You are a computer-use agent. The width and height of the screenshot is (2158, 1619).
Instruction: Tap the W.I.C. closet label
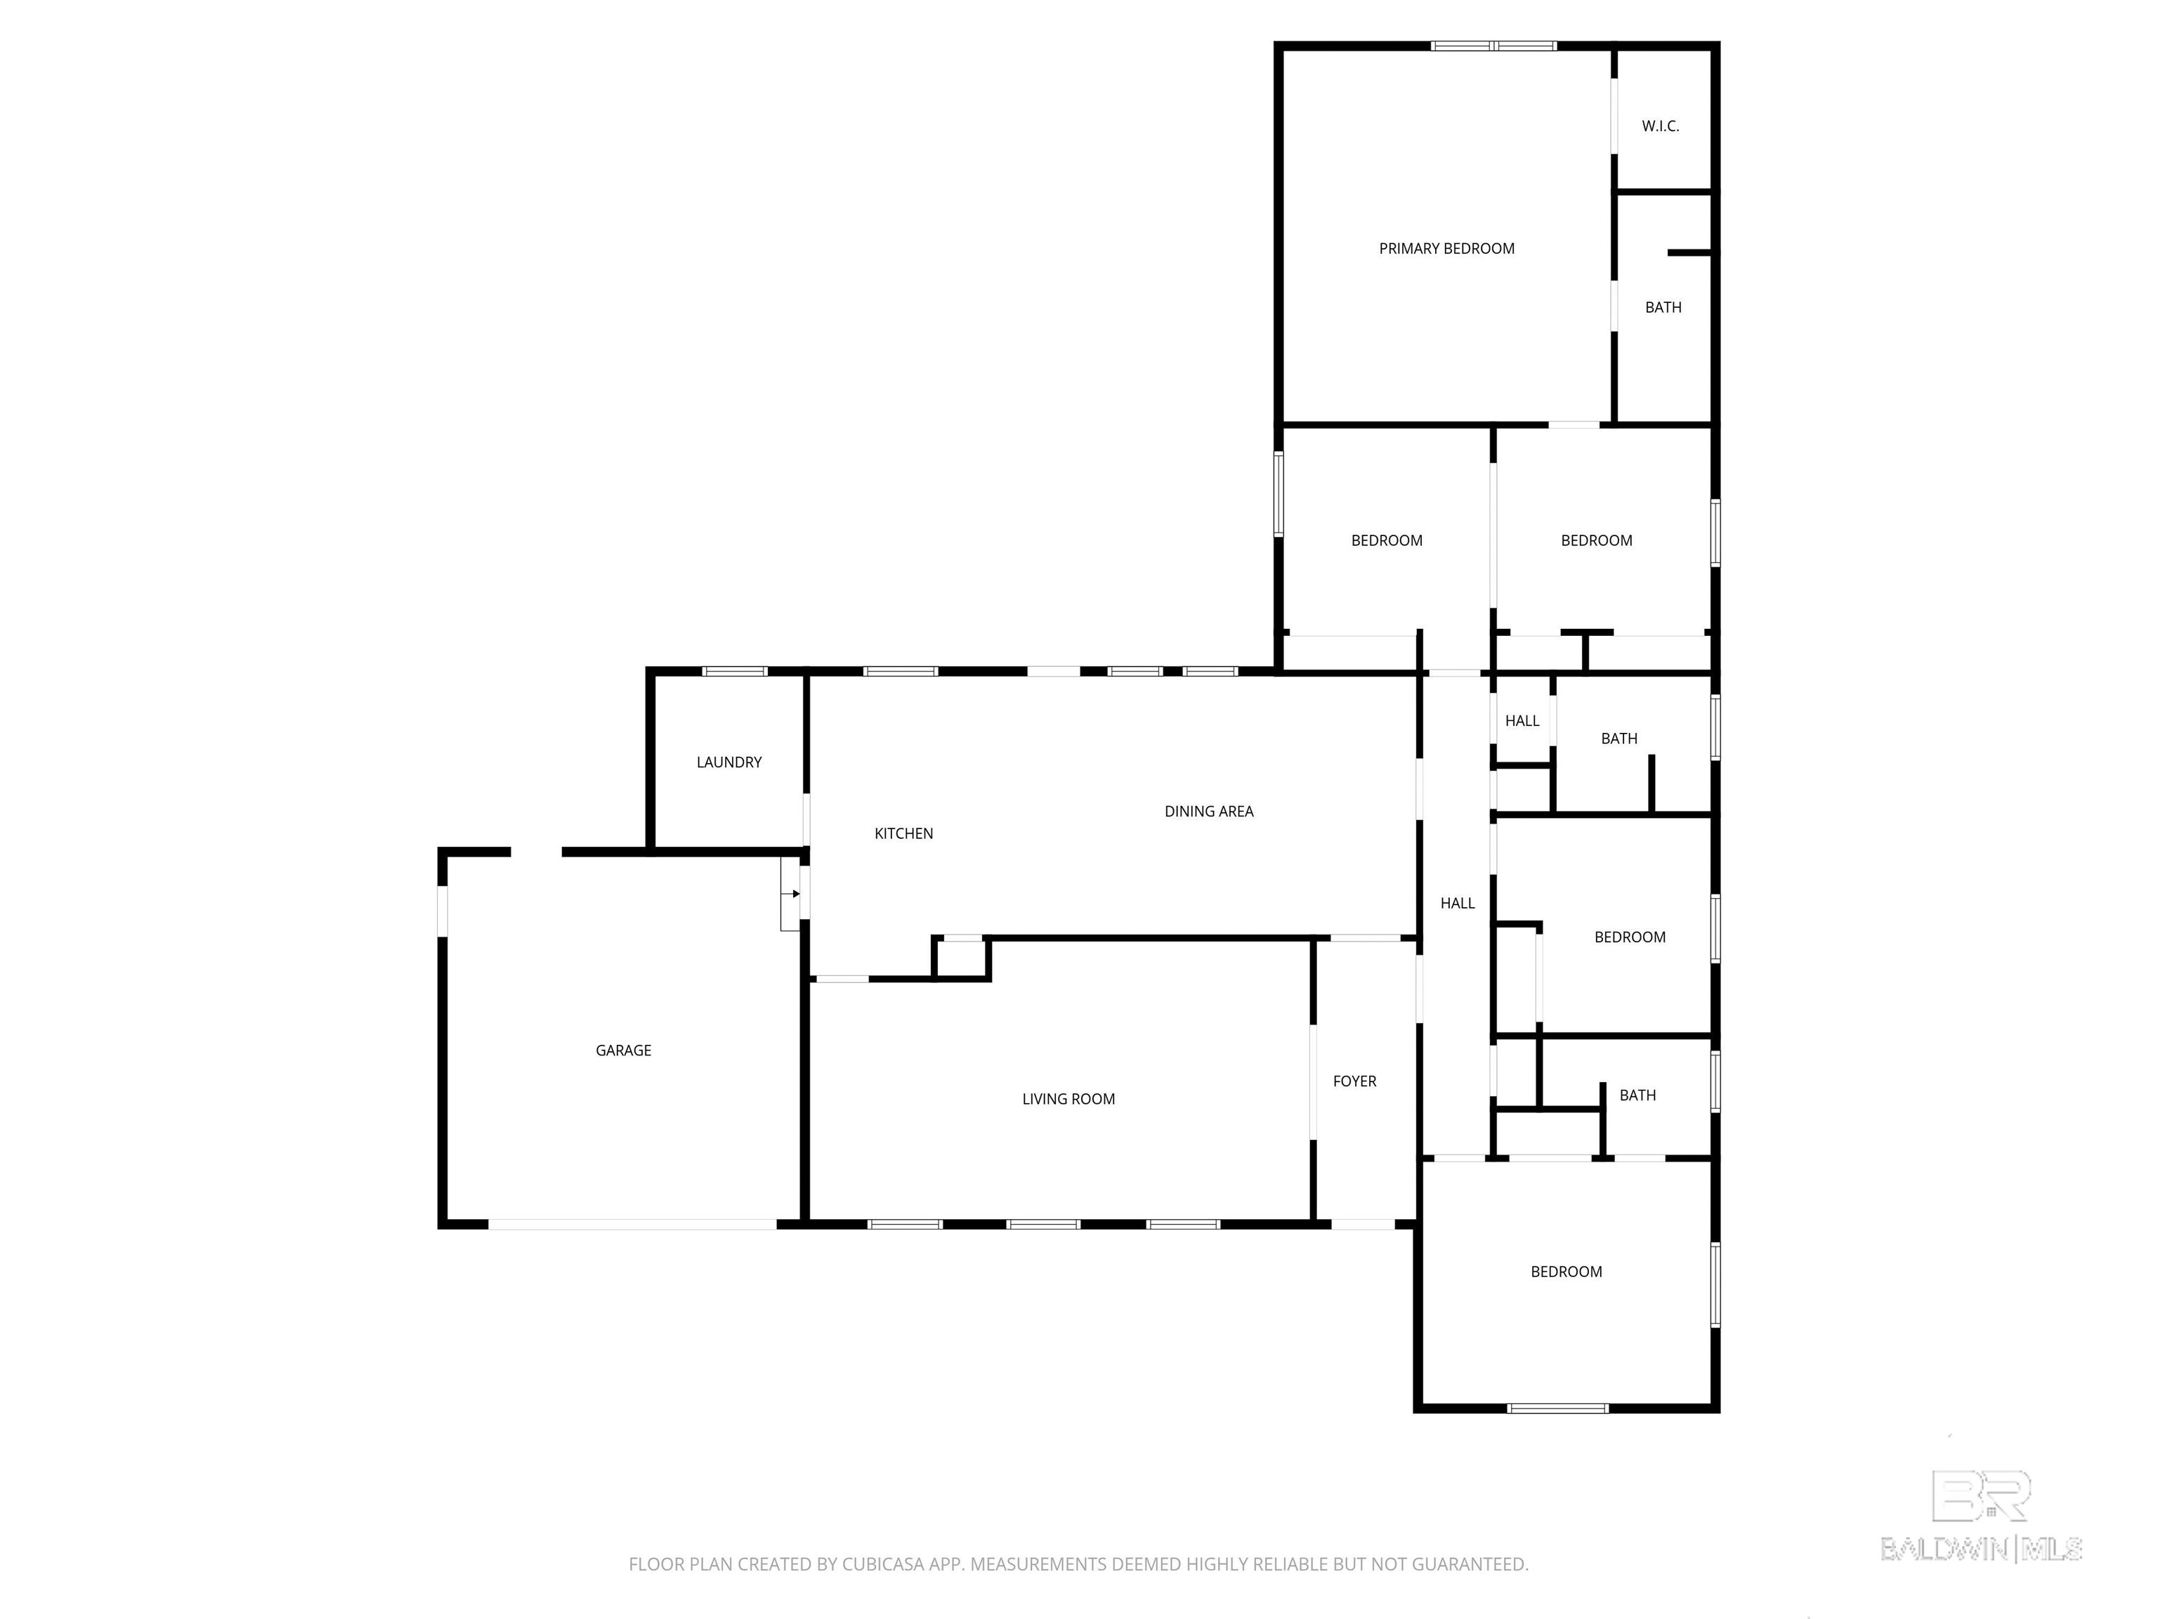[x=1661, y=126]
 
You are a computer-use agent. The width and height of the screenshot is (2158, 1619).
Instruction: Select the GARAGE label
[x=623, y=1050]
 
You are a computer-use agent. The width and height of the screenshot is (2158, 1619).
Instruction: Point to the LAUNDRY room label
[x=728, y=762]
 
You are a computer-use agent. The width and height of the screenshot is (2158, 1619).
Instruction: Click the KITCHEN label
[x=903, y=833]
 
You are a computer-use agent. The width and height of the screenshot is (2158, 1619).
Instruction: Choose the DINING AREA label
[x=1209, y=811]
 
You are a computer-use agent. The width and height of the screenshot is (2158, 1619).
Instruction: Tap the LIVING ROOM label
[x=1068, y=1099]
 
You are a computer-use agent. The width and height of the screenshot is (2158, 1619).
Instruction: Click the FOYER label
[x=1354, y=1081]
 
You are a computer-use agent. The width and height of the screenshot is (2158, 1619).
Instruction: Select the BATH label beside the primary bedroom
[x=1663, y=307]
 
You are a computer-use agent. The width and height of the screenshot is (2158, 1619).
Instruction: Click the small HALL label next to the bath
[x=1522, y=721]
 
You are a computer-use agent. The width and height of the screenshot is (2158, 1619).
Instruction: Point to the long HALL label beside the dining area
[x=1458, y=904]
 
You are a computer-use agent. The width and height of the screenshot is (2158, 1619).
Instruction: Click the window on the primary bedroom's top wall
[x=1493, y=45]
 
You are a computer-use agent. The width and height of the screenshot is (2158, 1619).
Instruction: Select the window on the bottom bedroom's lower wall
[x=1557, y=1407]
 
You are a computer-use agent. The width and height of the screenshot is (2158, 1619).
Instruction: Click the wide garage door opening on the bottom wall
[x=632, y=1224]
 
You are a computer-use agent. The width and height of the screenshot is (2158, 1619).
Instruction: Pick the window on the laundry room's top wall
[x=735, y=671]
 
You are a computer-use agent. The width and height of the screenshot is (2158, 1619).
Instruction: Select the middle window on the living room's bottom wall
[x=1043, y=1224]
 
